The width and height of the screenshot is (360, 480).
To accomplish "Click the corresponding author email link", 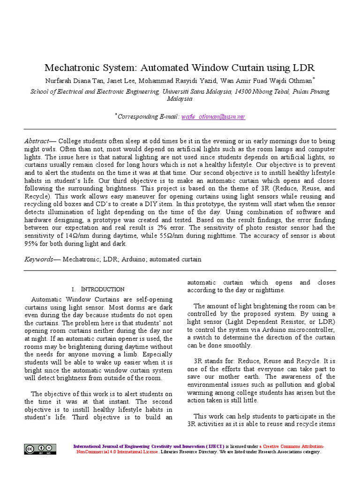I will coord(213,116).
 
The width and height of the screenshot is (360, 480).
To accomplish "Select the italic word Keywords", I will coord(39,259).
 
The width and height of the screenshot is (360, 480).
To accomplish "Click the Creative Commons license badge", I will coord(40,449).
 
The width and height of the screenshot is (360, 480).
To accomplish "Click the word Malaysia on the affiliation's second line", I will coord(180,99).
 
